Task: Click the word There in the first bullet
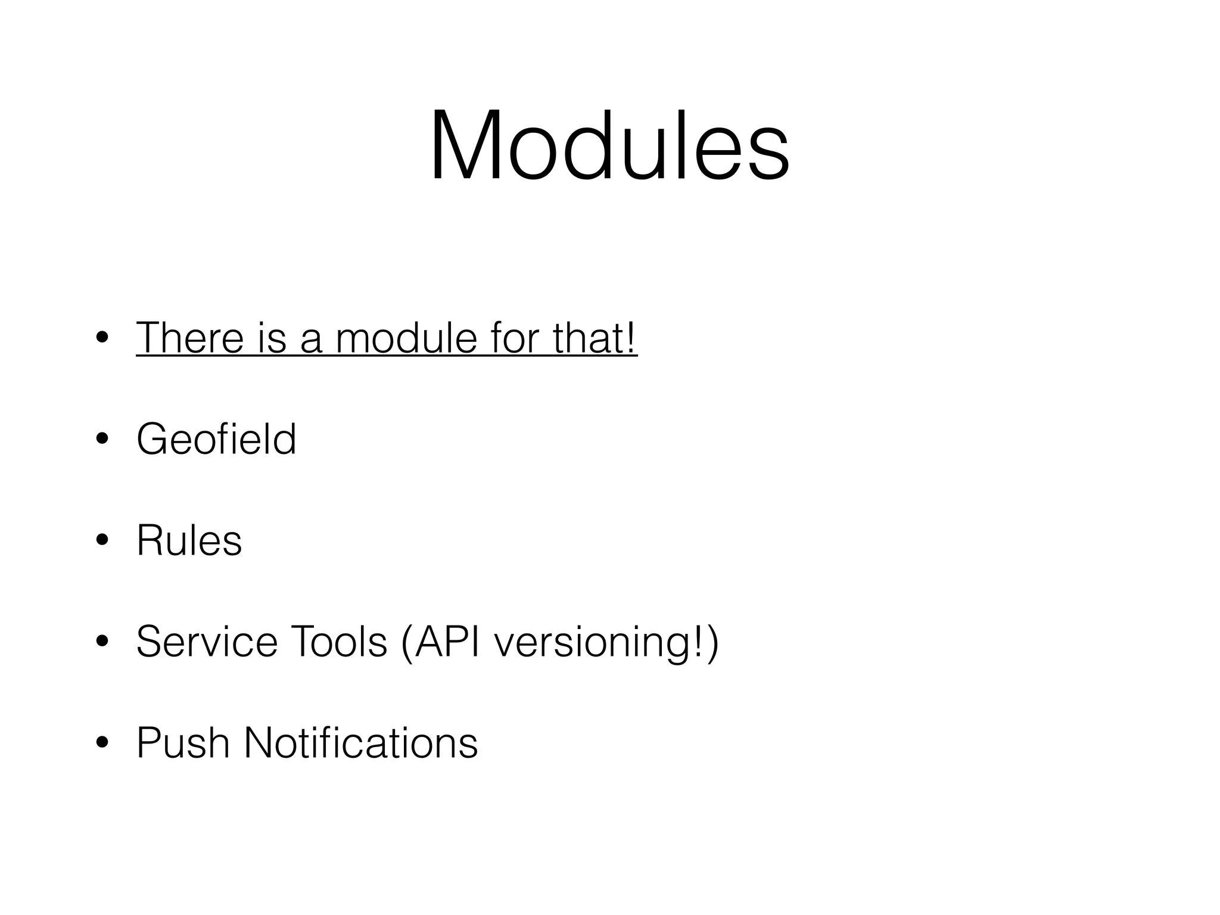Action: (190, 338)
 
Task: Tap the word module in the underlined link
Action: (406, 338)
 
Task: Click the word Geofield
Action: (216, 439)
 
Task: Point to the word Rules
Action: (189, 540)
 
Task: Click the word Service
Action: (207, 642)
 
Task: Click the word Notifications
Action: (360, 743)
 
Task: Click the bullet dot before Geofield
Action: (102, 440)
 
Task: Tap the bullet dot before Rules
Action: (102, 541)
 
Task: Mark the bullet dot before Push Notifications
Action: (102, 743)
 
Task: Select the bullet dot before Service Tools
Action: (102, 642)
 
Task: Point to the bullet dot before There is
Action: (102, 338)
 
